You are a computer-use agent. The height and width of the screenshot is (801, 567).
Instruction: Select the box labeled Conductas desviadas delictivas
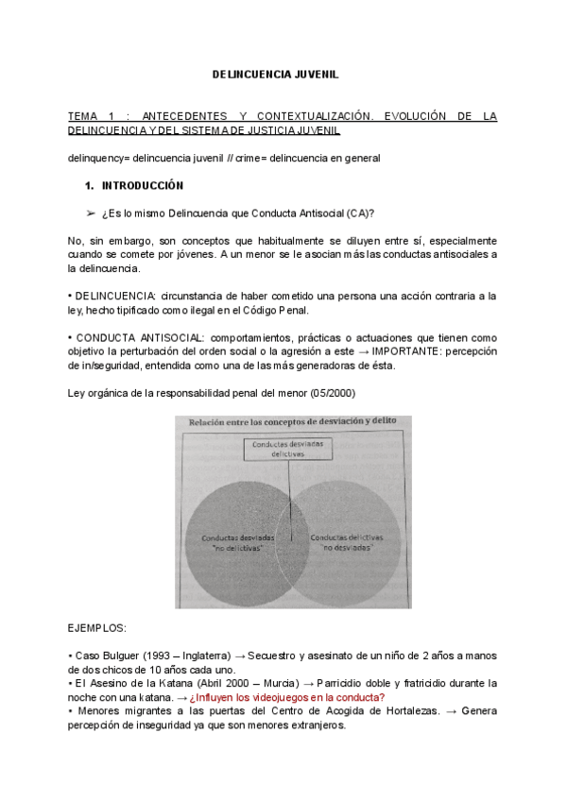[x=291, y=449]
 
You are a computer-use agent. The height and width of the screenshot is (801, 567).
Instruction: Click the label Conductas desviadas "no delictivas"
[x=232, y=541]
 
